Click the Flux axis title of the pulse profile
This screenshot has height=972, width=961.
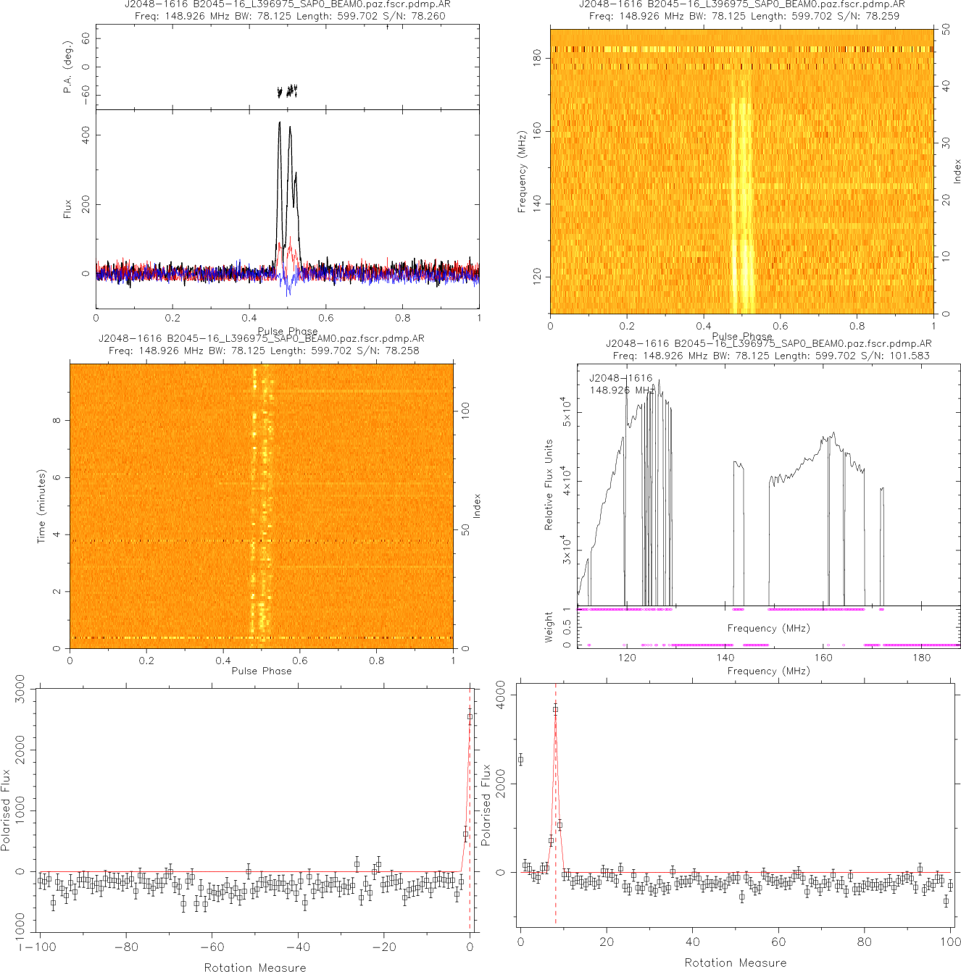pyautogui.click(x=68, y=209)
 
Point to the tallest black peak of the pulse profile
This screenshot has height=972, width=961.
pyautogui.click(x=280, y=123)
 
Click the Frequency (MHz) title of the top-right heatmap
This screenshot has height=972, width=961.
pyautogui.click(x=522, y=172)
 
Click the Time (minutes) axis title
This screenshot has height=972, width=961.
pyautogui.click(x=41, y=506)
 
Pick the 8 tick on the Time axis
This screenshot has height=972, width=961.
pyautogui.click(x=57, y=420)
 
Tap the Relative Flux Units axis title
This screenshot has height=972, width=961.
pyautogui.click(x=549, y=485)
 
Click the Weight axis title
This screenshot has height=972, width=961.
pyautogui.click(x=549, y=627)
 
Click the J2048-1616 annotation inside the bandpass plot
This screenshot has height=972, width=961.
pyautogui.click(x=620, y=378)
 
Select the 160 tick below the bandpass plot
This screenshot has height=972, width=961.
pyautogui.click(x=823, y=658)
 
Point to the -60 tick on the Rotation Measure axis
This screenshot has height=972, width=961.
pyautogui.click(x=212, y=947)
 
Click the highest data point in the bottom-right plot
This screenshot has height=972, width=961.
pyautogui.click(x=555, y=710)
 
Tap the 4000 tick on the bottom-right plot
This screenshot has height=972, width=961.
pyautogui.click(x=500, y=695)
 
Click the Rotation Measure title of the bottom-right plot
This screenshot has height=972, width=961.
pyautogui.click(x=735, y=963)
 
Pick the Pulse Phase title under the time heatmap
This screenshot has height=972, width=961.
pyautogui.click(x=262, y=671)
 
